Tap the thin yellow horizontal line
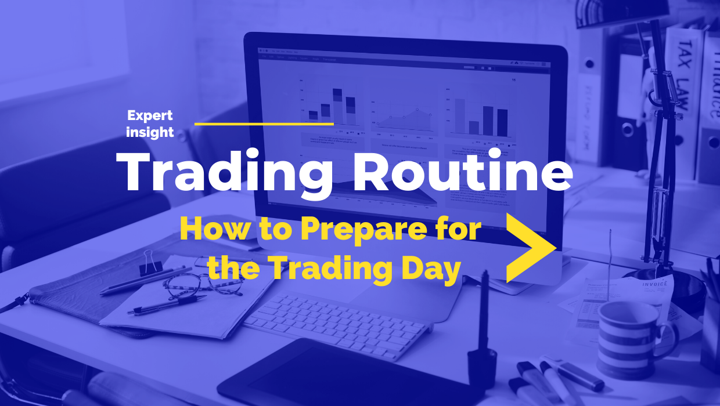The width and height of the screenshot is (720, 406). [x=264, y=124]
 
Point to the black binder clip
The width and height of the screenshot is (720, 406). [x=150, y=263]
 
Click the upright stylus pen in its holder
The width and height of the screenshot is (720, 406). [x=484, y=325]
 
